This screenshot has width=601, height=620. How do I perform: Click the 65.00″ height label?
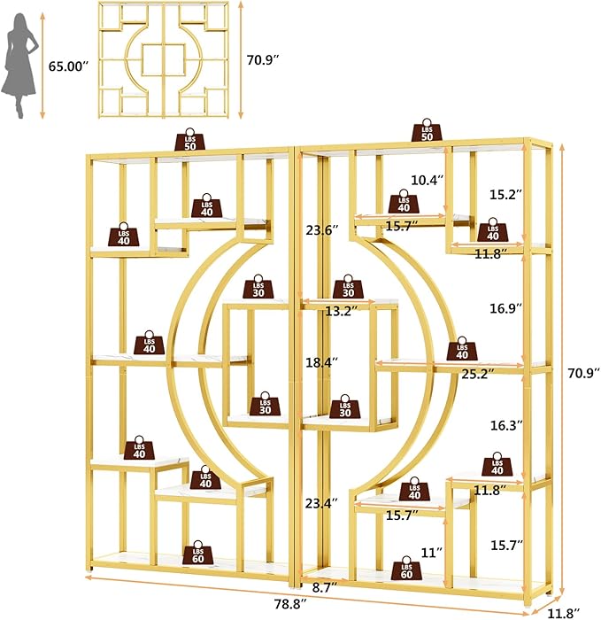pos(68,66)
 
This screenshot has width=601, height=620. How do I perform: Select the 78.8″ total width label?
pos(291,604)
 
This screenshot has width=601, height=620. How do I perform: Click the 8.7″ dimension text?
pos(325,587)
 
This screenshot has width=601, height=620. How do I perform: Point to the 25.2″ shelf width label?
pos(478,374)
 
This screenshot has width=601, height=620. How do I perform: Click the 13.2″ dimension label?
pos(342,311)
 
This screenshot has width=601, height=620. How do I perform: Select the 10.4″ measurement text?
pos(428,181)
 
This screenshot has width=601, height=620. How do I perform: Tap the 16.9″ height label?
pos(506,308)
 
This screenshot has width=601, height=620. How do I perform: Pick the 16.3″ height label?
pos(506,425)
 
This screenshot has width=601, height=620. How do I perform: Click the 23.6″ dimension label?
pos(322,229)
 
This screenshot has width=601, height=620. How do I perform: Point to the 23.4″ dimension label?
pos(322,503)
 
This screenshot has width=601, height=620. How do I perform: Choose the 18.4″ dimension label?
pos(322,362)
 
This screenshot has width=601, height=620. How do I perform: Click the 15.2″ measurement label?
pos(506,194)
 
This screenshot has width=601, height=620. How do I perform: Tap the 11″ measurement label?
pos(431,553)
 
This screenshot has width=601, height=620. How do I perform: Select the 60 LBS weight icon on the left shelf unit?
pos(198,553)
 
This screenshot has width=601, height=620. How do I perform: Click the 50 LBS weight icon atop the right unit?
pos(427,130)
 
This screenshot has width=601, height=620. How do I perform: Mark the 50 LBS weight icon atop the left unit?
pos(190,139)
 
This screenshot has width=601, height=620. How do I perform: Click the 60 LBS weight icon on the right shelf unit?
pos(406,569)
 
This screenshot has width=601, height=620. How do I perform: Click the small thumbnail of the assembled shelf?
pos(164,60)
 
